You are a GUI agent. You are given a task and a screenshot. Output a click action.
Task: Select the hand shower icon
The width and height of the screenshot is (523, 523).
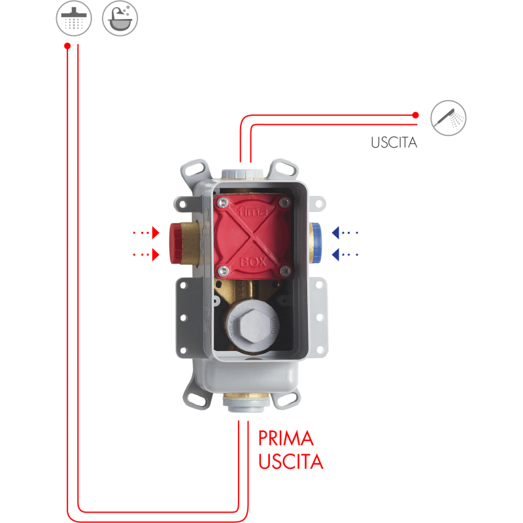[448, 118]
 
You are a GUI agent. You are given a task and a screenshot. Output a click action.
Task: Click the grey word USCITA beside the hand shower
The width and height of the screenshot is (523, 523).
[393, 143]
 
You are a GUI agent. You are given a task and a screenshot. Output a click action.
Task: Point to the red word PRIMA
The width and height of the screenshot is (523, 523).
[286, 437]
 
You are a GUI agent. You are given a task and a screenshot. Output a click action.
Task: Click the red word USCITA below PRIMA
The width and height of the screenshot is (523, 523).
[291, 462]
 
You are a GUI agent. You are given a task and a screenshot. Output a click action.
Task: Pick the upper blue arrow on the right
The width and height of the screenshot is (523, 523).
[345, 232]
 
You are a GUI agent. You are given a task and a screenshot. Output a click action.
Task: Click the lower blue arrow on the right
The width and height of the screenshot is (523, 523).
[345, 254]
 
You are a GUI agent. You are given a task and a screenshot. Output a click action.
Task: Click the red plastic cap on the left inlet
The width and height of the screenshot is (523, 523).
[176, 242]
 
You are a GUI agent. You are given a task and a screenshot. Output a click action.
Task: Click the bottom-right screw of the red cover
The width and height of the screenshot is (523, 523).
[284, 270]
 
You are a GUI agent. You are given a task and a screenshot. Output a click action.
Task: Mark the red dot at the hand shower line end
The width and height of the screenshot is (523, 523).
[416, 115]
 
